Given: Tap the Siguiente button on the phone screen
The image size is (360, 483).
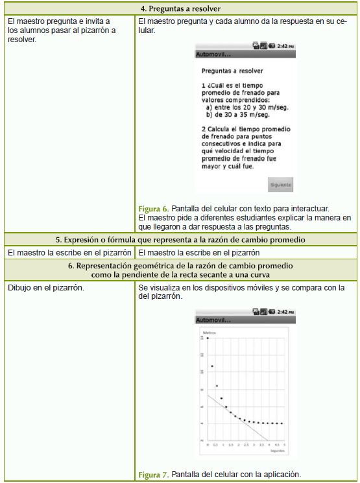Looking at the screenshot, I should click(x=280, y=185).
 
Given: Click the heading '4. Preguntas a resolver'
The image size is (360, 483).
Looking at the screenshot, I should click(x=180, y=9).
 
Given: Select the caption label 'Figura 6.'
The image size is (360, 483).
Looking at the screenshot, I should click(x=153, y=209).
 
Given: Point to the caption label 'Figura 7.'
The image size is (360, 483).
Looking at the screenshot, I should click(x=153, y=475).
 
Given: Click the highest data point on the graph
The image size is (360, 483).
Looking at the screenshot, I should click(x=208, y=338).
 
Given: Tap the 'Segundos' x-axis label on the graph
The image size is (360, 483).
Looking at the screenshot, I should click(x=276, y=451).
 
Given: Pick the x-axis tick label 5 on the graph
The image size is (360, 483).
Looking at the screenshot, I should click(x=285, y=445).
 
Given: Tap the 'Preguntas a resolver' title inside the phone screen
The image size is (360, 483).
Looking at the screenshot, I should click(x=227, y=71).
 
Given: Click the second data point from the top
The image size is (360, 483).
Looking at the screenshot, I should click(x=212, y=367).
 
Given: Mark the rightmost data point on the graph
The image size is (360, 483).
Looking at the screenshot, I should click(x=282, y=423).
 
